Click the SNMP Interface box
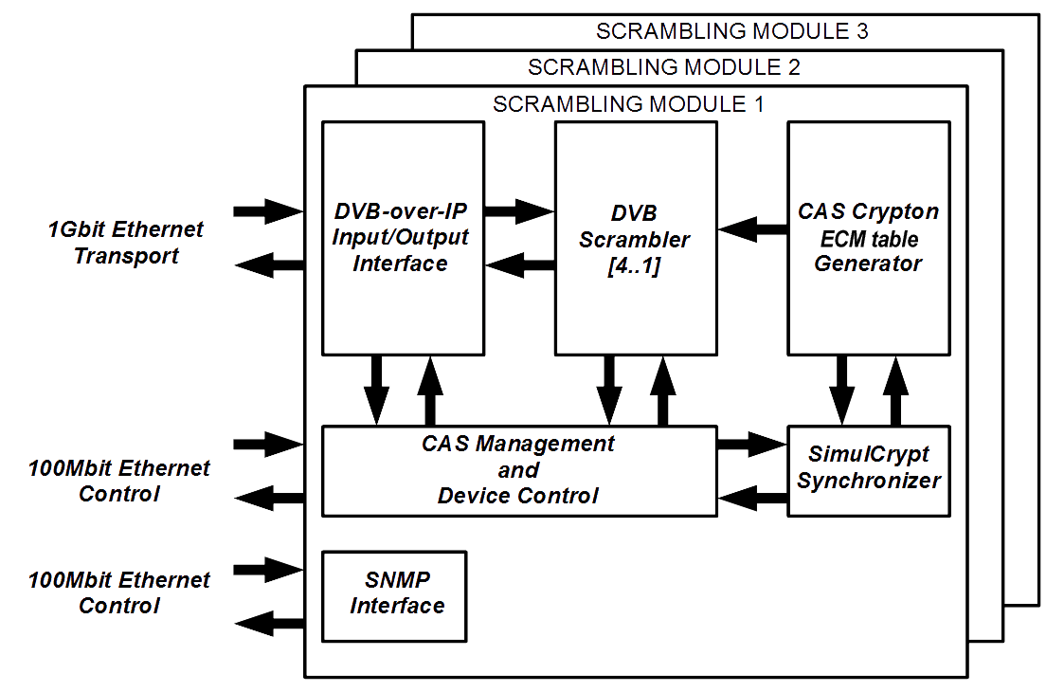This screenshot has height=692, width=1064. point(394,593)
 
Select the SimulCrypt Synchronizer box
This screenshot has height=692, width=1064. point(868,469)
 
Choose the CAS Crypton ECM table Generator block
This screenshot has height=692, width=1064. point(868,237)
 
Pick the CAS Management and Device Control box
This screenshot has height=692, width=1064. point(518,470)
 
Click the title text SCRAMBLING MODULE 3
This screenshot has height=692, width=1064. point(732,31)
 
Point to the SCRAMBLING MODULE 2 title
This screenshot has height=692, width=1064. point(663,67)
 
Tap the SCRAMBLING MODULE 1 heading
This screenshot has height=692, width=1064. point(627,103)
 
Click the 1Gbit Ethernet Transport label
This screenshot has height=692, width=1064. point(126,243)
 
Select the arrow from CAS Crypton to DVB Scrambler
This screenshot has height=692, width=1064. point(752,228)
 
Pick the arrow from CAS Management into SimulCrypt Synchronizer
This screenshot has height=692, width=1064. point(752,442)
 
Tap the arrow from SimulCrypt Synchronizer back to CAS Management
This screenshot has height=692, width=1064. point(752,494)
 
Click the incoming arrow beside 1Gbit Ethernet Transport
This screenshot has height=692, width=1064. point(267,210)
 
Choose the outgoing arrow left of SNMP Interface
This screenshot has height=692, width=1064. point(269,623)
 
